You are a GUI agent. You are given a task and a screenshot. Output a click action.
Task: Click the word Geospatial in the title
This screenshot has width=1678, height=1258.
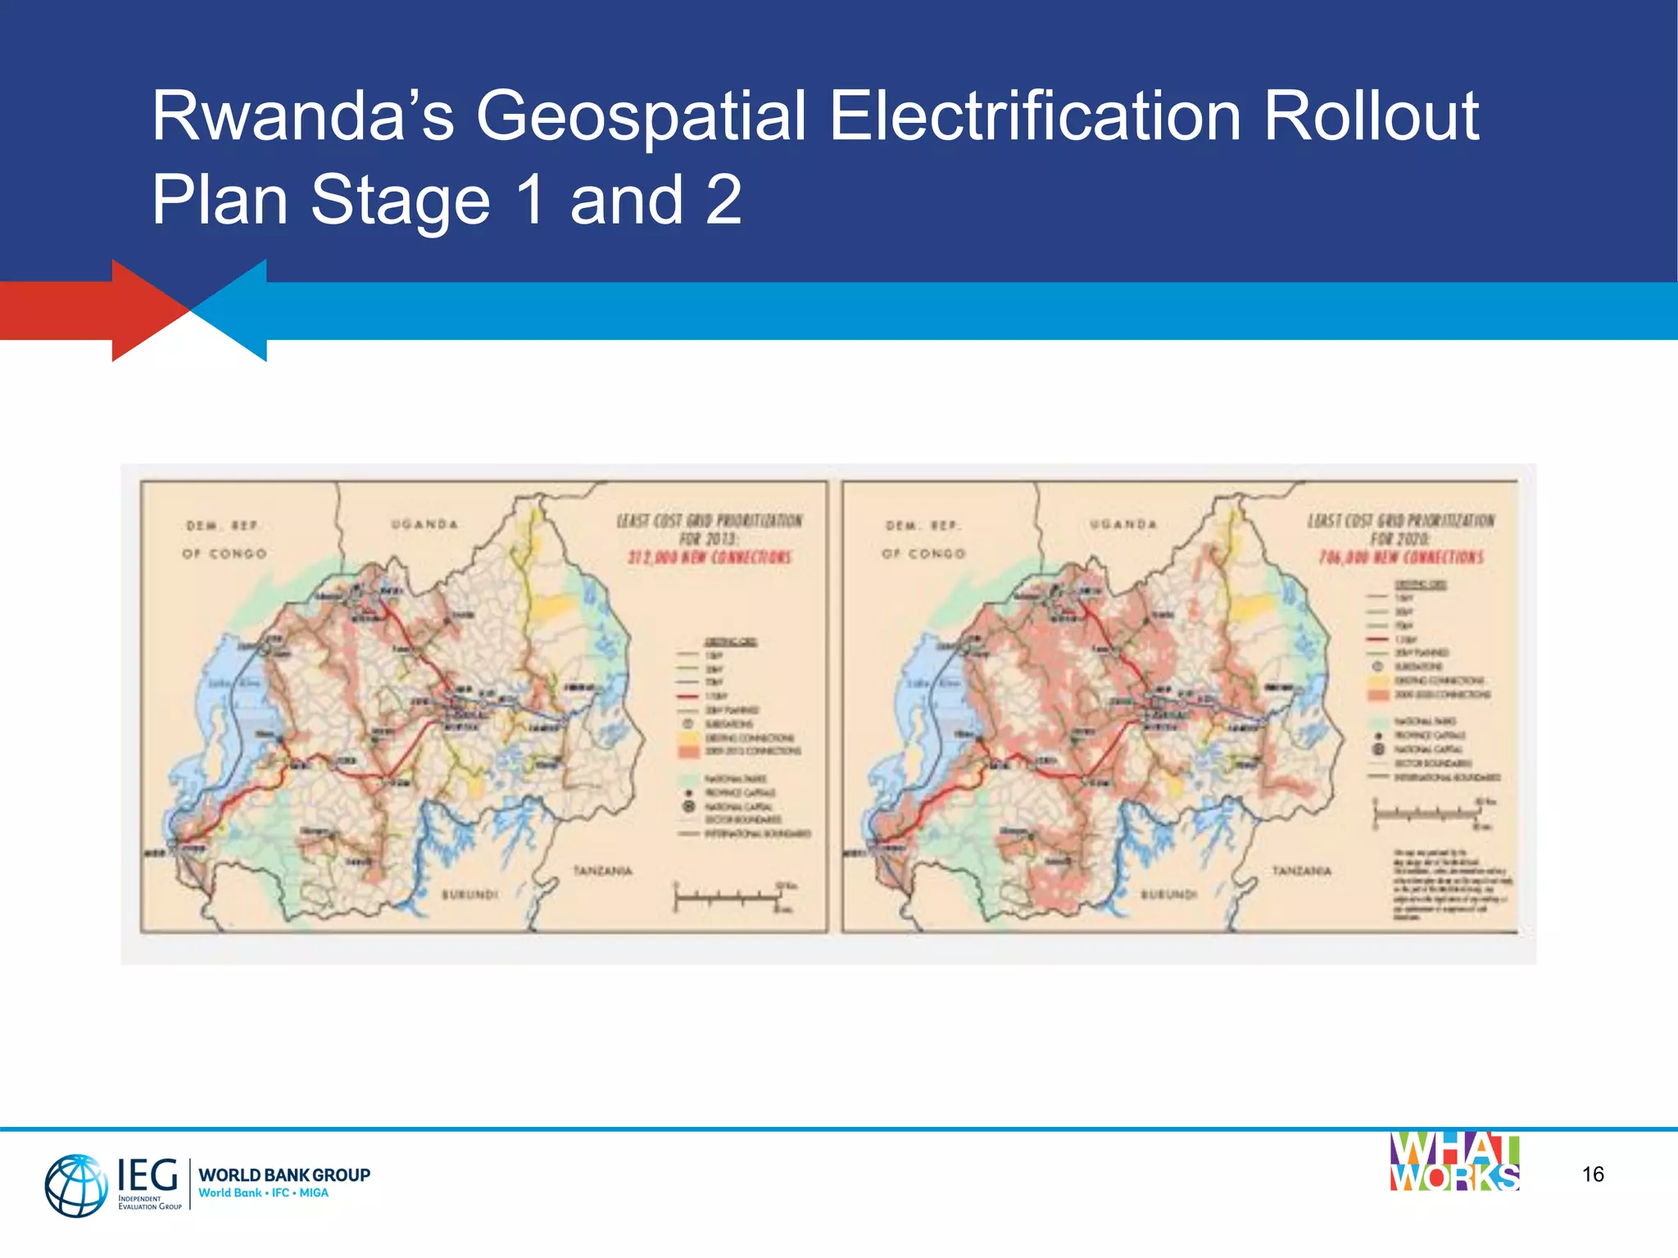[641, 117]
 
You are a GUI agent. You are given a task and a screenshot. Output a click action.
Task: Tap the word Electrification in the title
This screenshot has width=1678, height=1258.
[1034, 115]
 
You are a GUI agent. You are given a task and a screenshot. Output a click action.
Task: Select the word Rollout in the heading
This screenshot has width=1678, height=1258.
[1370, 115]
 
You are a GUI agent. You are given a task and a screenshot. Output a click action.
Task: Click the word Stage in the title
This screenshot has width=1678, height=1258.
[400, 201]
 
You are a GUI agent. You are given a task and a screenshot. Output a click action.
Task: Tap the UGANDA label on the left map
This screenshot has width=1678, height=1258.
[424, 524]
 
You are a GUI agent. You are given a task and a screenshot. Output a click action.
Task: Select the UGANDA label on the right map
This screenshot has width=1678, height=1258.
[1123, 524]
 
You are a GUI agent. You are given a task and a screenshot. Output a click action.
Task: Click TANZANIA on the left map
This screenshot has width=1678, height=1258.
[602, 871]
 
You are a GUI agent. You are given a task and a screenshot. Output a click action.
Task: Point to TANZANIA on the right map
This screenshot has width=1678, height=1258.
[1301, 871]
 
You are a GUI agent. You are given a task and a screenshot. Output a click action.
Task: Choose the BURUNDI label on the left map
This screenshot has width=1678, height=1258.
[469, 894]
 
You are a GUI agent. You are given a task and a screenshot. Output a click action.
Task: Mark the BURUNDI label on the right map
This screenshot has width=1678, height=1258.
[1169, 894]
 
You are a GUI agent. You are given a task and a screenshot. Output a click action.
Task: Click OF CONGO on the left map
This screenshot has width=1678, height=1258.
[224, 554]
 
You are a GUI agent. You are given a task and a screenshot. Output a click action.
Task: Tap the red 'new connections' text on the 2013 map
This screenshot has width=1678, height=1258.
[710, 558]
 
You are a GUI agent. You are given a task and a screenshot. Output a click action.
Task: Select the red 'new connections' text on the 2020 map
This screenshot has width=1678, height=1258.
[1401, 558]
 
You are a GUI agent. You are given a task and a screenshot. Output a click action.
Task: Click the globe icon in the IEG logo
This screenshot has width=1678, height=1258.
[75, 1185]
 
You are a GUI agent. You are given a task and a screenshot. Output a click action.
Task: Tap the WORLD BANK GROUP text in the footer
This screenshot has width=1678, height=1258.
[284, 1174]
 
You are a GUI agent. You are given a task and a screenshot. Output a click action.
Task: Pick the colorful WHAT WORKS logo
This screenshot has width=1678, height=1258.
[1454, 1162]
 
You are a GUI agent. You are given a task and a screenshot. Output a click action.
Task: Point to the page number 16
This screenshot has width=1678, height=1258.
[1593, 1174]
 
